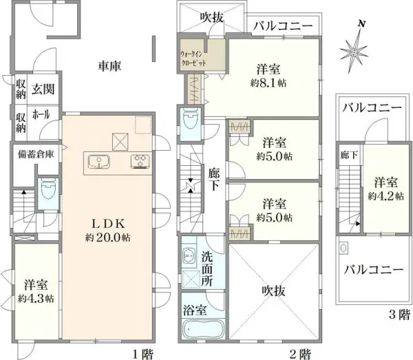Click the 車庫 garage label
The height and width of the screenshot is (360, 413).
click(x=109, y=67)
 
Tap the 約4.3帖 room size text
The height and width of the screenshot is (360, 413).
click(x=35, y=299)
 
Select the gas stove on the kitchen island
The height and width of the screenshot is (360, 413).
click(x=140, y=162)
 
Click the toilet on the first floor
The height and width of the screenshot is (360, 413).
click(x=47, y=190)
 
